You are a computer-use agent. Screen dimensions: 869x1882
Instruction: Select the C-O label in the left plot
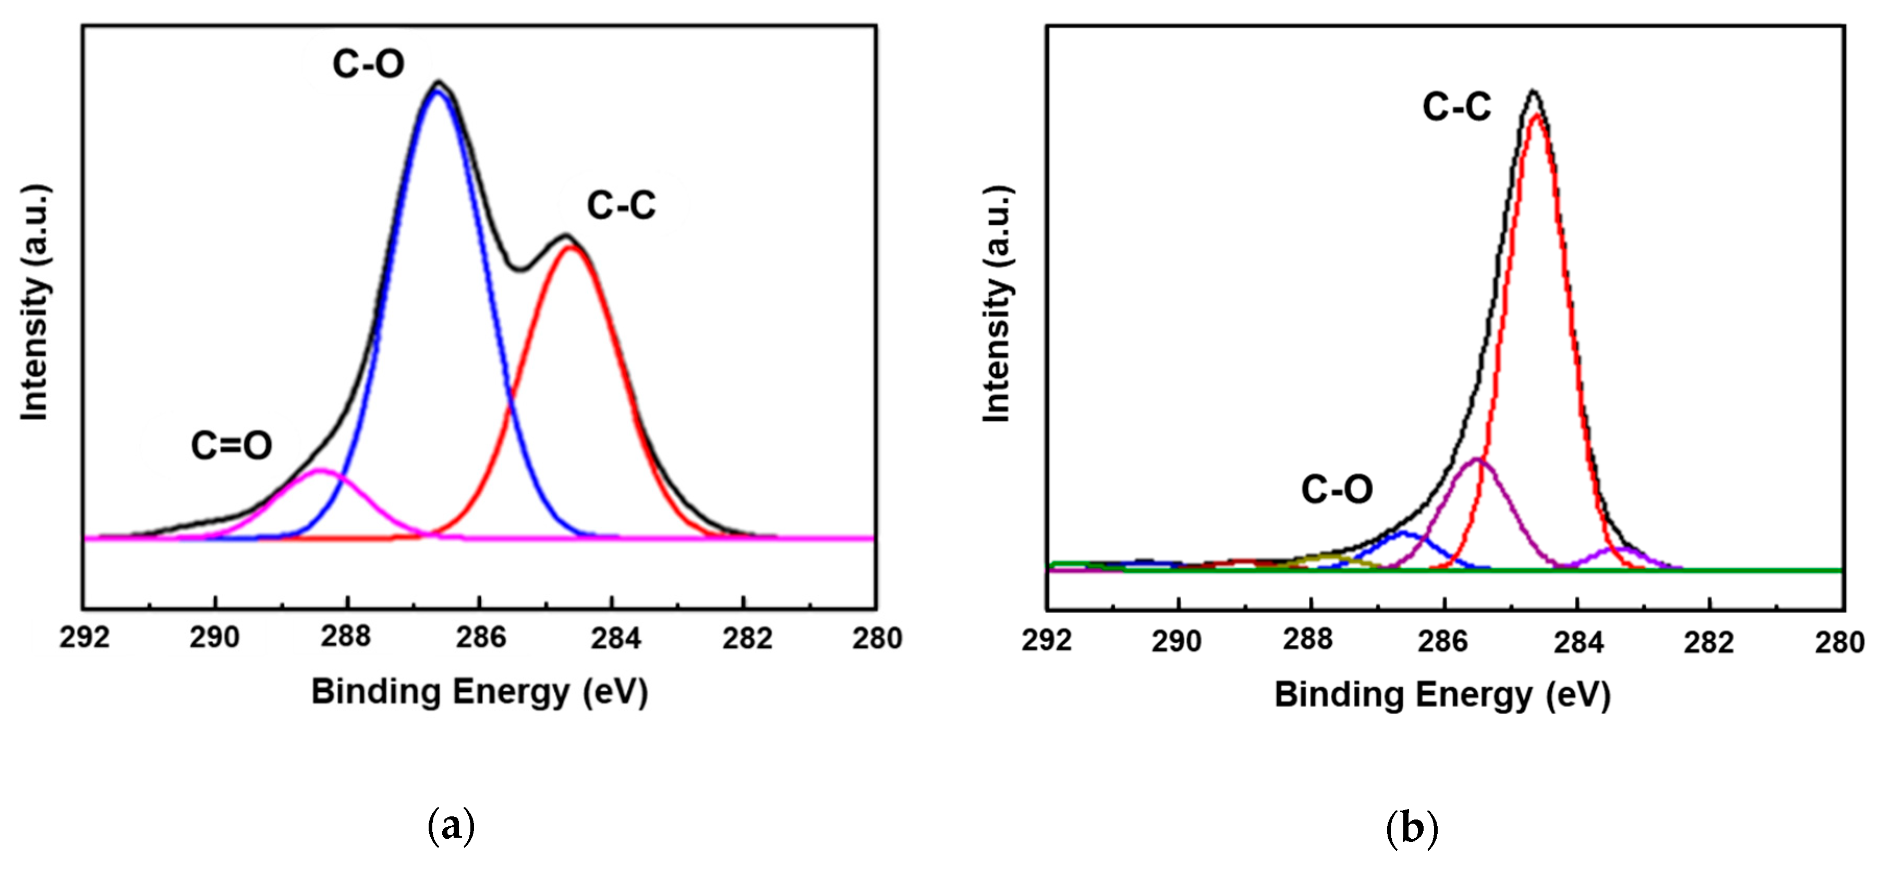pyautogui.click(x=368, y=64)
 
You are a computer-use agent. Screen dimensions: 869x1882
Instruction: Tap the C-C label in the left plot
pyautogui.click(x=621, y=205)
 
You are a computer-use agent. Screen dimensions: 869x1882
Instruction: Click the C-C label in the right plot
pyautogui.click(x=1456, y=107)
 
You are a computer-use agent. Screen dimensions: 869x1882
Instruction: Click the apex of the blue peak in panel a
pyautogui.click(x=438, y=91)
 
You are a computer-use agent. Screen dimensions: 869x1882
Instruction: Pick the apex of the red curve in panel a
pyautogui.click(x=570, y=248)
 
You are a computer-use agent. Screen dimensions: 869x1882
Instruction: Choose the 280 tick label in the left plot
pyautogui.click(x=877, y=638)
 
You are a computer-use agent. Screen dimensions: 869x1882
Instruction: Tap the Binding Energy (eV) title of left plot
pyautogui.click(x=479, y=691)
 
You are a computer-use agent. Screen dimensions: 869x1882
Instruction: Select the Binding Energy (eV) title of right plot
pyautogui.click(x=1442, y=694)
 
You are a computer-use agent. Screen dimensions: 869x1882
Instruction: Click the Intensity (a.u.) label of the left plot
pyautogui.click(x=35, y=302)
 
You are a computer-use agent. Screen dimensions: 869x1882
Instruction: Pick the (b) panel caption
pyautogui.click(x=1412, y=829)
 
